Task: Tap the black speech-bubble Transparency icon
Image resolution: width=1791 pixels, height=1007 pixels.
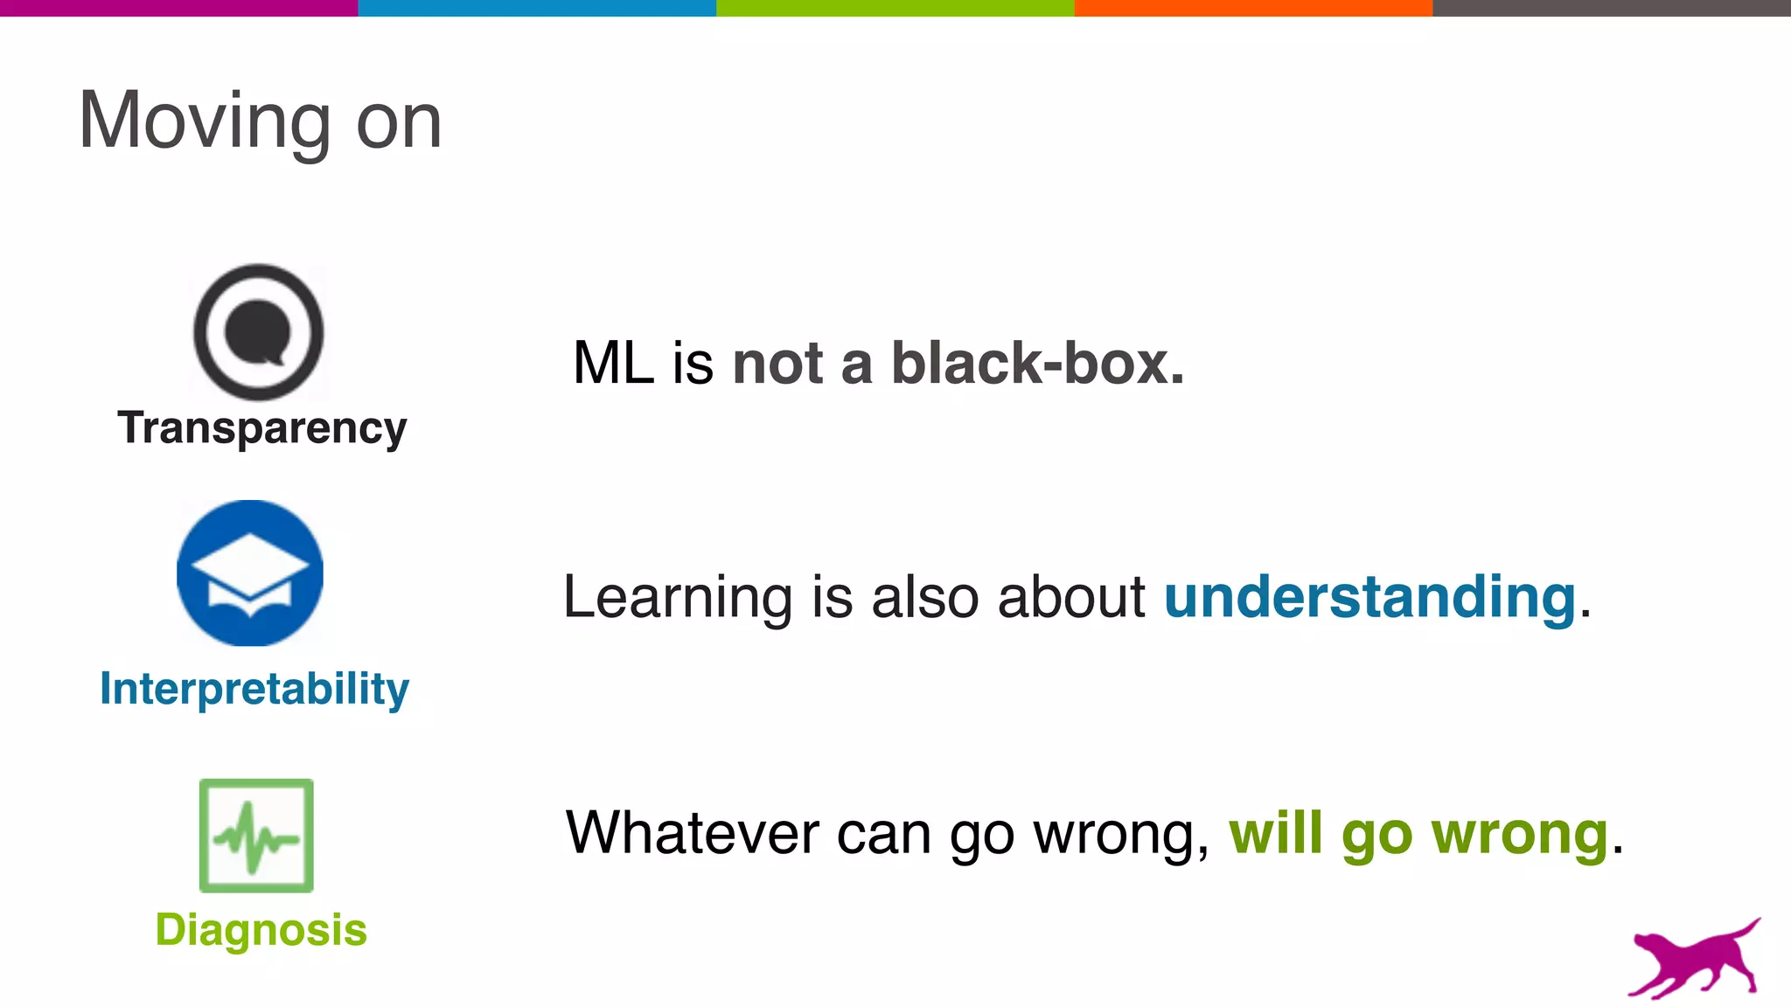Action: click(x=258, y=332)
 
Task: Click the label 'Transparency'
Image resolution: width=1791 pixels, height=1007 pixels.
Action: click(x=262, y=428)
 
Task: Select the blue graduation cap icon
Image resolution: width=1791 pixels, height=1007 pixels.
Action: click(x=250, y=573)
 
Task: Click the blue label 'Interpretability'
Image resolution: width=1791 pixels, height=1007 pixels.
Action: click(x=254, y=689)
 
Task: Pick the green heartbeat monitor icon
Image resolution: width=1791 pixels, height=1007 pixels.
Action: click(x=256, y=836)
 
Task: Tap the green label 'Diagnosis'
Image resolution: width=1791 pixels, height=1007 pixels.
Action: click(x=261, y=929)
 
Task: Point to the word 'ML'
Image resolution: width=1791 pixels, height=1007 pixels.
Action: click(x=613, y=363)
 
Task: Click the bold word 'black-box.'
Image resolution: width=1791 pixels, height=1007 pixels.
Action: click(x=1037, y=363)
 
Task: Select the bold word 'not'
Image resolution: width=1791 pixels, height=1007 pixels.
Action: click(x=777, y=363)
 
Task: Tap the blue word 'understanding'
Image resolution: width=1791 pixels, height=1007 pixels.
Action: click(x=1369, y=598)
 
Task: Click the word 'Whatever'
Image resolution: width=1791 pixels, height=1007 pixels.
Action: click(x=692, y=832)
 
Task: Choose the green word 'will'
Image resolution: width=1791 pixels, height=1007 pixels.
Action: click(x=1275, y=832)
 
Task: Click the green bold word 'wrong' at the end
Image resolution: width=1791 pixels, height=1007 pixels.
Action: click(x=1519, y=834)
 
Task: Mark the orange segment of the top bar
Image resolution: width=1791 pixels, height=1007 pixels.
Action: click(x=1253, y=8)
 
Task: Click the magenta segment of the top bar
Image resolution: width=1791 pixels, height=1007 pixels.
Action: click(x=178, y=8)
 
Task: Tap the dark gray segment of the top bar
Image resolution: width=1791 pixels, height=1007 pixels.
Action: click(x=1611, y=8)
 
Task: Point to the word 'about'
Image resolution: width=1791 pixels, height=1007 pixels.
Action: click(x=1071, y=598)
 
